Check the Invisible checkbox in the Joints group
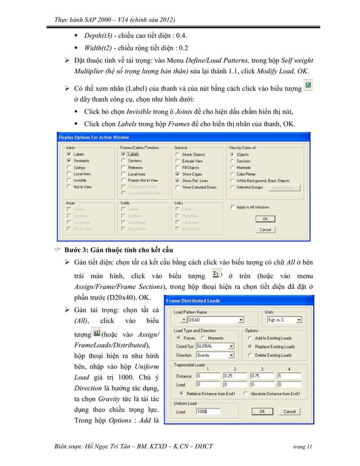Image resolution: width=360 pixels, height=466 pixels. [69, 181]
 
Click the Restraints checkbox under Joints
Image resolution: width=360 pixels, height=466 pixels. [69, 160]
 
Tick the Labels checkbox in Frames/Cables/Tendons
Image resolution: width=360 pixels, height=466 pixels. [124, 153]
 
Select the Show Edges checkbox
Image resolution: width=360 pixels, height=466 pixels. [178, 174]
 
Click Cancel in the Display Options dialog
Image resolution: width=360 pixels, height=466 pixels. [265, 230]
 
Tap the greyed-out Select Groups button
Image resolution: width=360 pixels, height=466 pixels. [284, 187]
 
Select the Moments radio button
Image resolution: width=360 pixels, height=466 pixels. [205, 338]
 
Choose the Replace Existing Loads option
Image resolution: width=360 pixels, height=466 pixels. [250, 346]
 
